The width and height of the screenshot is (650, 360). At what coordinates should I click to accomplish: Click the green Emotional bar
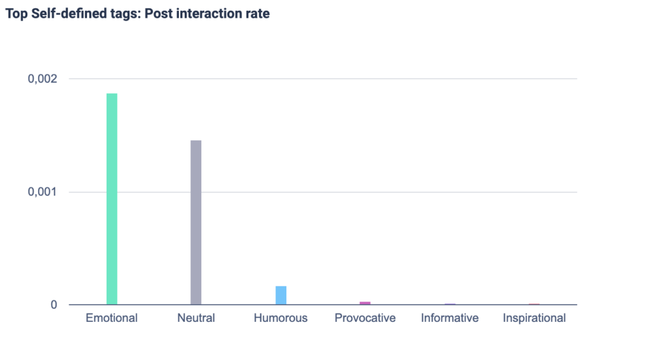coord(112,199)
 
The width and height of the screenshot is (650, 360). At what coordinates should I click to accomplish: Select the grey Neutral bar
coord(196,222)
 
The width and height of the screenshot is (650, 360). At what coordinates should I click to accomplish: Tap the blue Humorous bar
coord(281,295)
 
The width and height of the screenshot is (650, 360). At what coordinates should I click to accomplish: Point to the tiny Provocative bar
coord(365,303)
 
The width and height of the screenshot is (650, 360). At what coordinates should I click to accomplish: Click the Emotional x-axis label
coord(112,318)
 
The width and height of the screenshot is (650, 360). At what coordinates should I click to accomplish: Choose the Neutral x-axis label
coord(196,318)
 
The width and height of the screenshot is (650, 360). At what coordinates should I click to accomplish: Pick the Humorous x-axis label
coord(281,318)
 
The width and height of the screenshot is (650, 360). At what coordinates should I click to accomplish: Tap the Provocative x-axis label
coord(365,318)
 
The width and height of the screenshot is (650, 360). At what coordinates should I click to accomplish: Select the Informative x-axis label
coord(449,318)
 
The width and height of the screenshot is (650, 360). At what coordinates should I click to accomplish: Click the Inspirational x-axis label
coord(534,318)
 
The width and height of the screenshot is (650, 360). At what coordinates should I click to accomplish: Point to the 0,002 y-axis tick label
coord(43,79)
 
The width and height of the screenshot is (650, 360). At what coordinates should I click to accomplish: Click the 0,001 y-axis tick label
coord(43,192)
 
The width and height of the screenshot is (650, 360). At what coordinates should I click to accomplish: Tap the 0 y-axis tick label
coord(54,305)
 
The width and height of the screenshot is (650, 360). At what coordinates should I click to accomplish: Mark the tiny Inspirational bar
coord(534,304)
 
